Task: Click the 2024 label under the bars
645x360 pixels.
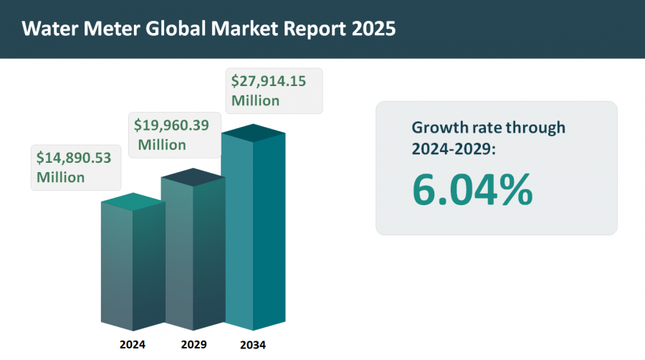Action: (x=133, y=344)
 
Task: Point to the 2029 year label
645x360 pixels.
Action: (x=193, y=344)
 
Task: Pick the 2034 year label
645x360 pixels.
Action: (x=253, y=345)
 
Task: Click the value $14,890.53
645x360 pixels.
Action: (x=74, y=158)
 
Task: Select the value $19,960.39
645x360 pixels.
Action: (x=172, y=125)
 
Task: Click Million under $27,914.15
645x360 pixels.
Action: (x=255, y=100)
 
